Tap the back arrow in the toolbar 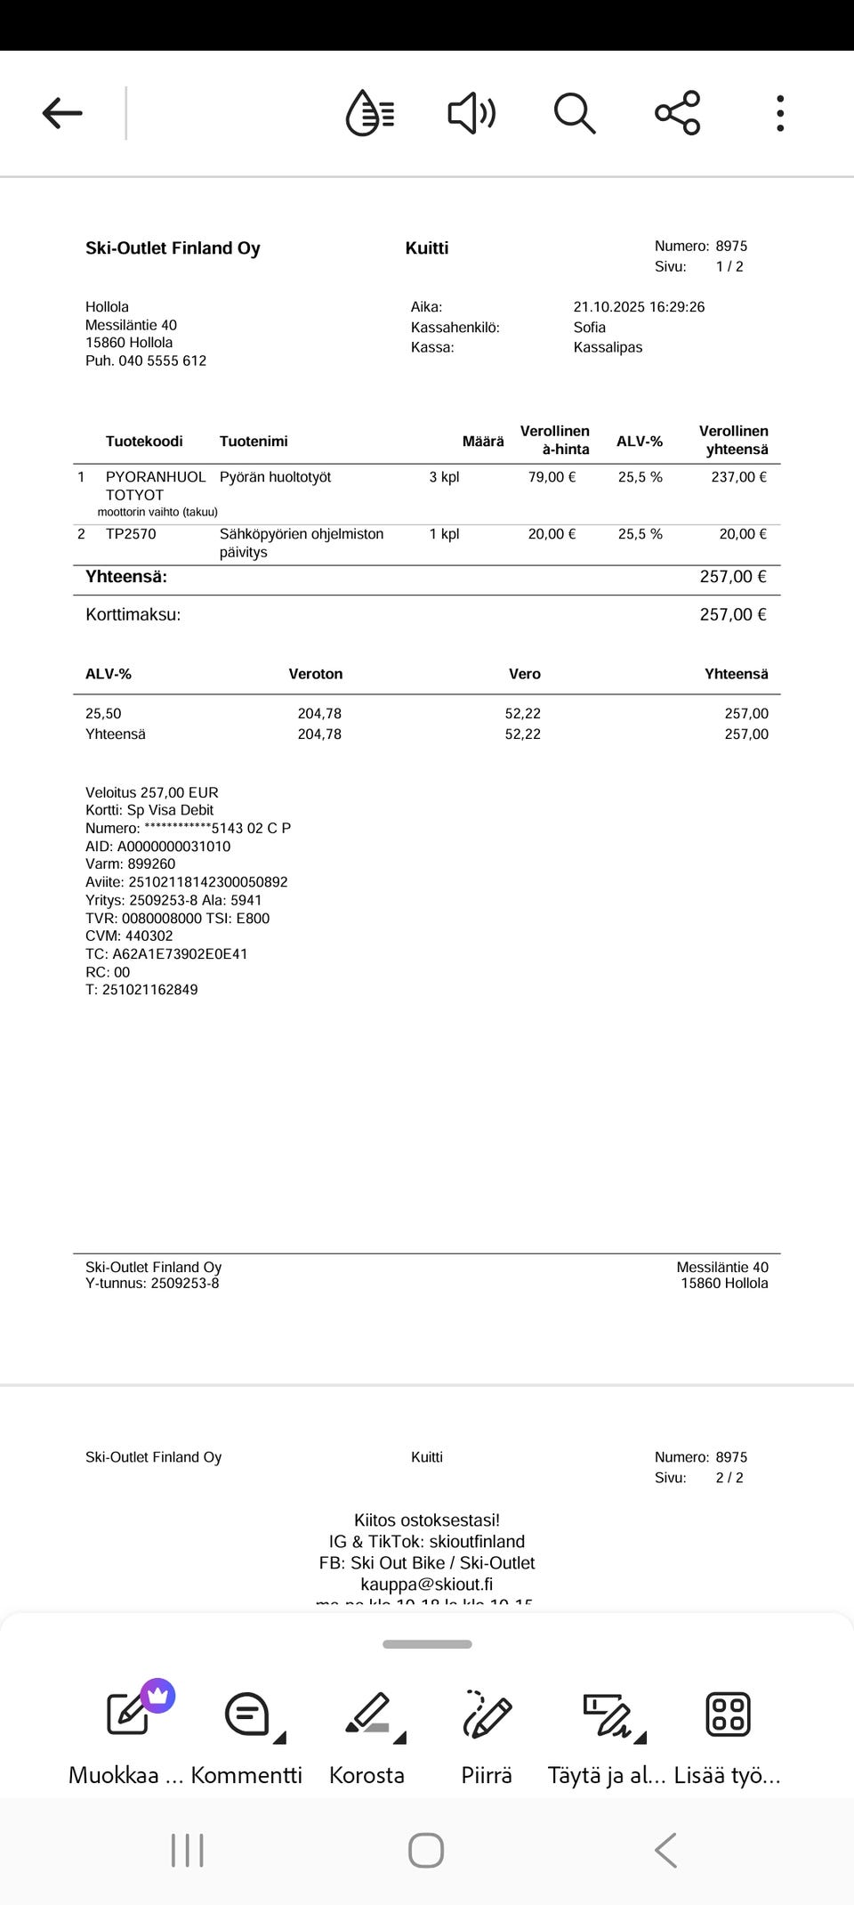(62, 113)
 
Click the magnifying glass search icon (574, 113)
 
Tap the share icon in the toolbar (678, 113)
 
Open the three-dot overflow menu (780, 113)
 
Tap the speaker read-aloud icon (471, 113)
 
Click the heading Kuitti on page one (427, 248)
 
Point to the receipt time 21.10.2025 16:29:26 (639, 307)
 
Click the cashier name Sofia (590, 328)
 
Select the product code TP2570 (131, 534)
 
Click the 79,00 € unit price (552, 477)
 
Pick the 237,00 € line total (738, 477)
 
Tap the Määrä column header (483, 442)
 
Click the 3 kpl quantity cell (444, 477)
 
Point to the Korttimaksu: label (133, 614)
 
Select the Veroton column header (316, 674)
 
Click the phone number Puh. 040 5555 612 (146, 361)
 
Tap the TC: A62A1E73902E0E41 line (166, 954)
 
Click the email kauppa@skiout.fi (427, 1585)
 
